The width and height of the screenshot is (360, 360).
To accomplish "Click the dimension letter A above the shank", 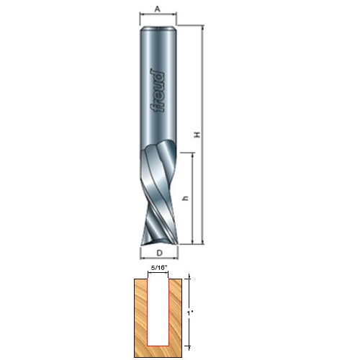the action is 157,9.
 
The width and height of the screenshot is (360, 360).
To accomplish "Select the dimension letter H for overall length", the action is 197,135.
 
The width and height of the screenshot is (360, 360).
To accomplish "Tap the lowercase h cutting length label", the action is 185,199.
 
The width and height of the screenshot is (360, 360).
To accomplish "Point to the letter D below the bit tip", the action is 159,253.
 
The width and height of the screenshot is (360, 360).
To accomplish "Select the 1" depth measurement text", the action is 190,313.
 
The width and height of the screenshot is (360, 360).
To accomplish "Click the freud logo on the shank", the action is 158,91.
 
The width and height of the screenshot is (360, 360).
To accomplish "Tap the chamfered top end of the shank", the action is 158,29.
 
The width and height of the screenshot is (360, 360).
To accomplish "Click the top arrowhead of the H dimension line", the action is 203,27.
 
